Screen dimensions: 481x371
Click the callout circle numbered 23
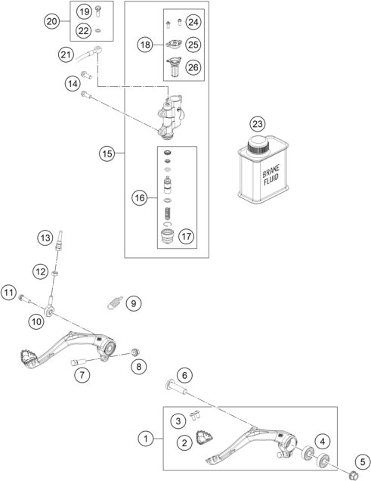tap(259, 124)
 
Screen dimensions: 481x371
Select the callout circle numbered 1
tap(144, 437)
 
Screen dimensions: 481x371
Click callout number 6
tap(184, 374)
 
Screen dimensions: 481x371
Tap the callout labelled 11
tap(9, 292)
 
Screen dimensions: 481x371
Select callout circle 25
tap(194, 45)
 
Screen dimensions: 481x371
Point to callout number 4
tap(323, 441)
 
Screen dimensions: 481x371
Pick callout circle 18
tap(145, 45)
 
